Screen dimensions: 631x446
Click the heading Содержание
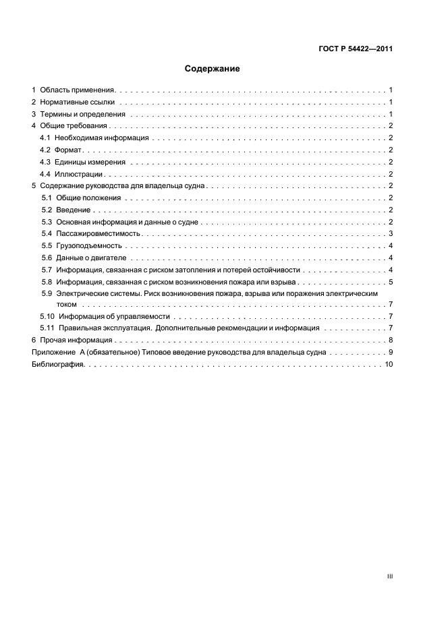[213, 69]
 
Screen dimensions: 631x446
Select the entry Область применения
[78, 89]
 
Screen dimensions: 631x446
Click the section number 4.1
[45, 138]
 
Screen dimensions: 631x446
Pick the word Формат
[67, 150]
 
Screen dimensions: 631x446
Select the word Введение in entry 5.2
[74, 210]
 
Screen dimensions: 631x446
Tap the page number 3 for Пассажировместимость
[391, 233]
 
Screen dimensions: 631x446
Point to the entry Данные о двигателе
[91, 258]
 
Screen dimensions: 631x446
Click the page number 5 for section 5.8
[391, 282]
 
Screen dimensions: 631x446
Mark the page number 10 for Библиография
[389, 364]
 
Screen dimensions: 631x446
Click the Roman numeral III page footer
[389, 577]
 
